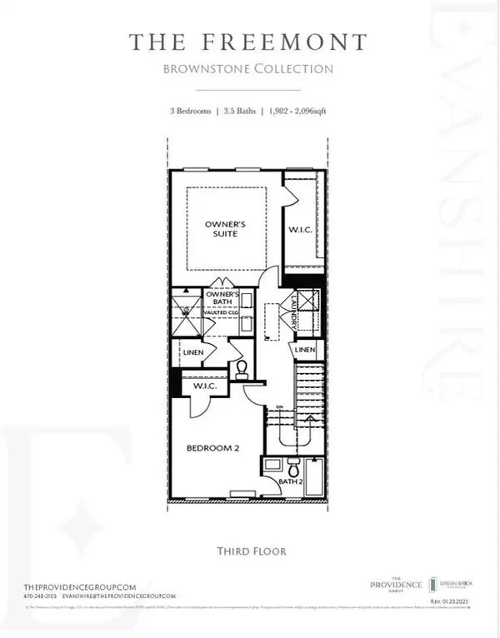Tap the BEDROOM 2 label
coord(212,448)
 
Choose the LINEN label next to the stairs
coord(305,350)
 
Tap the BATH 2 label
coord(289,481)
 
